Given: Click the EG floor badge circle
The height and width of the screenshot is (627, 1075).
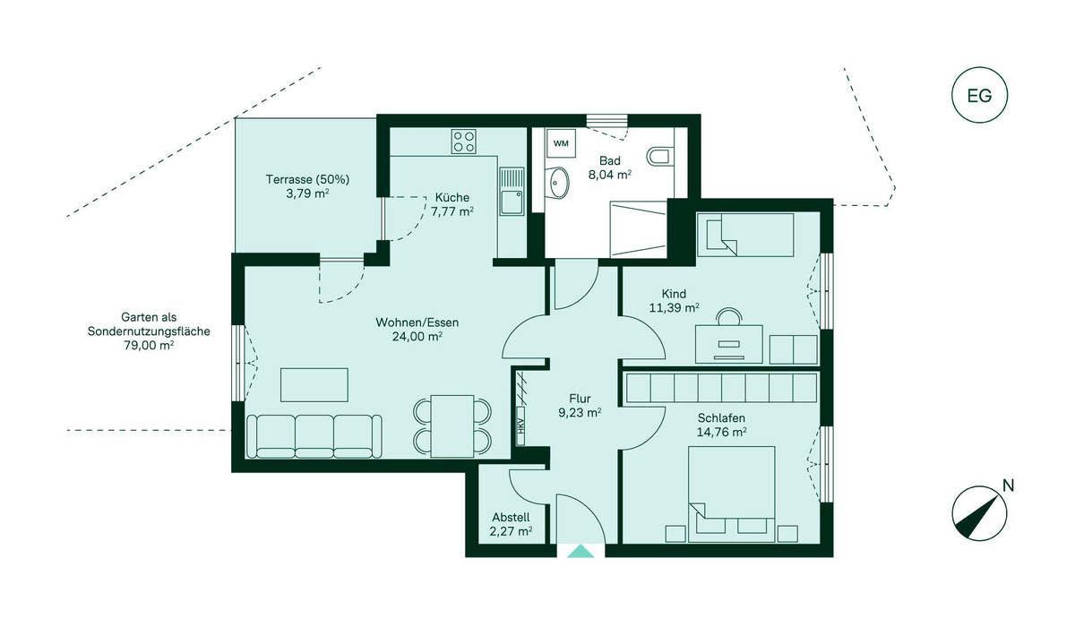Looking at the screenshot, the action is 979,96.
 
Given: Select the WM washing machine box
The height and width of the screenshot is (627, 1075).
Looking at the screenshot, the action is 561,143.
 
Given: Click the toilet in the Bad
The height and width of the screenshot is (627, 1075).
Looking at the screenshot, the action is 658,157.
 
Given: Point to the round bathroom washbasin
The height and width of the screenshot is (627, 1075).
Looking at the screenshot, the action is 556,183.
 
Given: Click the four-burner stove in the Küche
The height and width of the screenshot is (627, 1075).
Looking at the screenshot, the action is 464,142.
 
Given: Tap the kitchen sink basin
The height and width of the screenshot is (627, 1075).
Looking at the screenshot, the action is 512,202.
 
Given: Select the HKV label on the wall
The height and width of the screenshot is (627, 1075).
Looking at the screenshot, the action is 520,427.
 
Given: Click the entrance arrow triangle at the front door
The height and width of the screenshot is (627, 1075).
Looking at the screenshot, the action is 580,551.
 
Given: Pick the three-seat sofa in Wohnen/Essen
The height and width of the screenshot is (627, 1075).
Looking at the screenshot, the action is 314,436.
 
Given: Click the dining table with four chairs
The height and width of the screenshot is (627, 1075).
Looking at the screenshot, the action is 452,426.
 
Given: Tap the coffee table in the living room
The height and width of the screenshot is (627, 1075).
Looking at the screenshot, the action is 314,385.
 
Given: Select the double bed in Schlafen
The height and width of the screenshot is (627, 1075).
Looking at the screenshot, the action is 731,494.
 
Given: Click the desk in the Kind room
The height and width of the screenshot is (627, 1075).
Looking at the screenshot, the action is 729,344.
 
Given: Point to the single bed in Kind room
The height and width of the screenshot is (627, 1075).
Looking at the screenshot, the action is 745,235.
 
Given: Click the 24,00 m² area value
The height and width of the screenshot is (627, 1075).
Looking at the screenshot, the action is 417,336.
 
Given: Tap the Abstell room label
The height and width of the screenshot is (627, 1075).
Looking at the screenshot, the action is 512,518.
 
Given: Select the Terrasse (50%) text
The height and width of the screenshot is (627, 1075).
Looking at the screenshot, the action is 307,179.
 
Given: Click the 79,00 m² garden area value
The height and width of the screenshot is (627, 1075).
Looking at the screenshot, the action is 149,345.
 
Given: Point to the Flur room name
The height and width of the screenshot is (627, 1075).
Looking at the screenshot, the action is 580,399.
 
